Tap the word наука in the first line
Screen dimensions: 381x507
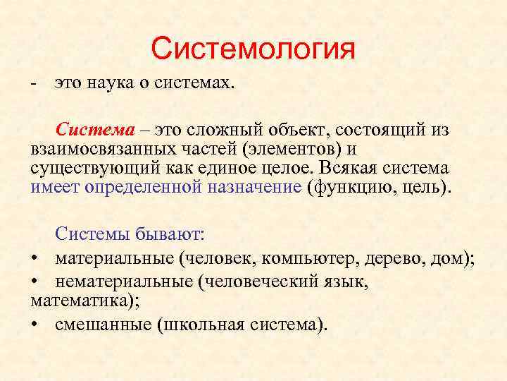pos(113,84)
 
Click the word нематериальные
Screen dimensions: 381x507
pos(123,282)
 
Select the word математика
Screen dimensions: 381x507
pos(74,301)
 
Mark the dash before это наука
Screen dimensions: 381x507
pos(34,85)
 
